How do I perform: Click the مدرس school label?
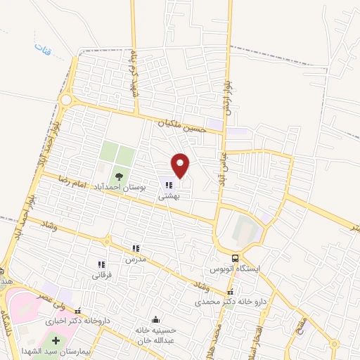click(x=135, y=259)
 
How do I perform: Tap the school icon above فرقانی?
click(x=101, y=264)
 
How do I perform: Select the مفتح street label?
click(x=300, y=328)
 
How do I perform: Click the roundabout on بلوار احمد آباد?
click(x=65, y=100)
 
